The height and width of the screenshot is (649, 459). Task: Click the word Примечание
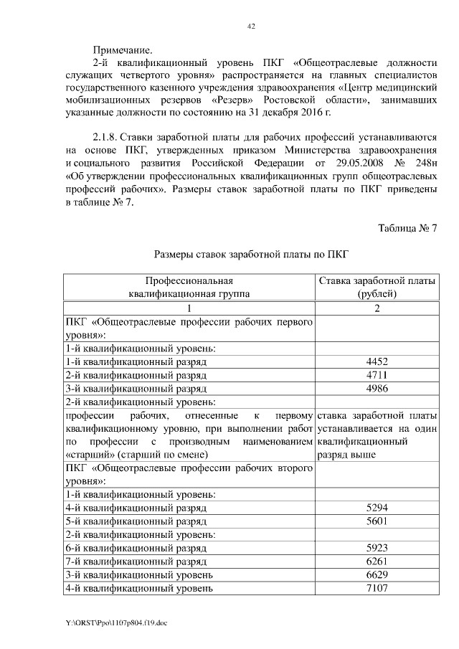tap(123, 50)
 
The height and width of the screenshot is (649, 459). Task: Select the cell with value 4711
tap(377, 375)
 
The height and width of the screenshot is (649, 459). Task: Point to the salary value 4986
tap(377, 389)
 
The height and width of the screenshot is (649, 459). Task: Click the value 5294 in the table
tap(377, 508)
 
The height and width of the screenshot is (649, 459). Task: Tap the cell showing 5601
tap(377, 521)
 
